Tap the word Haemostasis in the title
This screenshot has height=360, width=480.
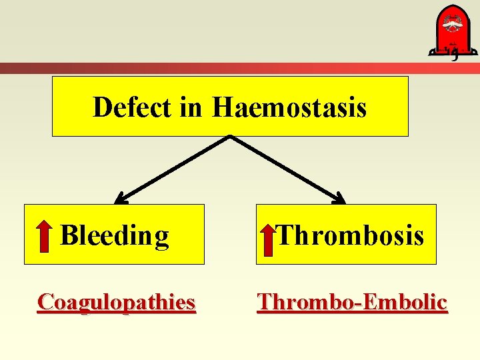289,107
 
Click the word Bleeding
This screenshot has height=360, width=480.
115,235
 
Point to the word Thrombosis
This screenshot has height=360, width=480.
351,235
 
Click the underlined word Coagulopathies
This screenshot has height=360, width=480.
117,302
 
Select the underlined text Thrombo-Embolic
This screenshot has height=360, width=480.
352,302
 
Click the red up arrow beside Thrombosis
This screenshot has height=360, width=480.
267,239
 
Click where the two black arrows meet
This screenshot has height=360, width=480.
230,138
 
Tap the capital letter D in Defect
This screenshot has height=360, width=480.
102,107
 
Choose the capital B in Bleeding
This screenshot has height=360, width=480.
68,235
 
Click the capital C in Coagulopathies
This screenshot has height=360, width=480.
45,302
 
